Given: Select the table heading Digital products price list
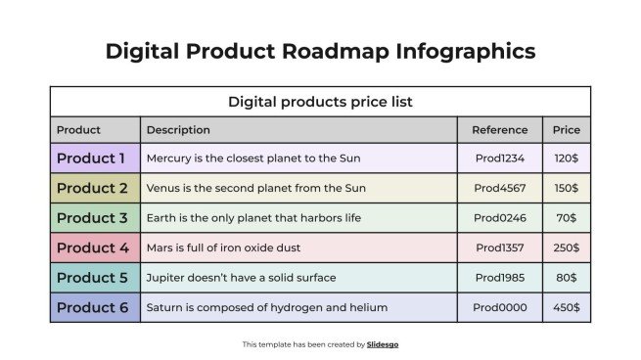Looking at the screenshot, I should click(320, 101).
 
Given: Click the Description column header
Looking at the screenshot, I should click(178, 129).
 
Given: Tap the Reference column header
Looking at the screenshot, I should click(500, 129).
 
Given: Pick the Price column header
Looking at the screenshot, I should click(566, 129).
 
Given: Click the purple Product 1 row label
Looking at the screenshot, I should click(91, 157).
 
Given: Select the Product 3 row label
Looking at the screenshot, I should click(92, 217).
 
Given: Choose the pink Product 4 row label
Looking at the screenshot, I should click(92, 247).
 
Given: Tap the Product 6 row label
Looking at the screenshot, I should click(92, 307).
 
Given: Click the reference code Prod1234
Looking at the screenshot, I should click(500, 158).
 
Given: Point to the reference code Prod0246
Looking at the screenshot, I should click(500, 218).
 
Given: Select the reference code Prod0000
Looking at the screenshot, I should click(500, 307).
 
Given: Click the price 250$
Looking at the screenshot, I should click(566, 247).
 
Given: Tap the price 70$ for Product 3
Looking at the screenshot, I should click(566, 218).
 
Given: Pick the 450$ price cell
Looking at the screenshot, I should click(566, 307).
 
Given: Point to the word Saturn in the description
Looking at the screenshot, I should click(165, 307).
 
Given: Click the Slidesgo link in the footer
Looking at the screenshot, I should click(383, 344).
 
